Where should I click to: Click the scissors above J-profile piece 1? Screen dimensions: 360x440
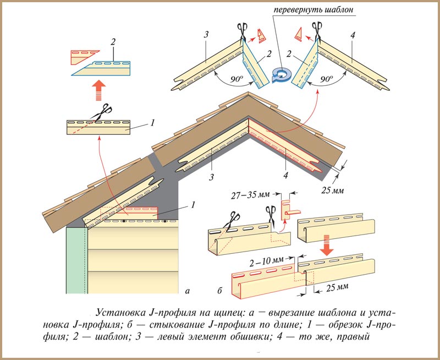point(100,115)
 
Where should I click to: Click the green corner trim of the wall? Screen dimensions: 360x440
point(76,259)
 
